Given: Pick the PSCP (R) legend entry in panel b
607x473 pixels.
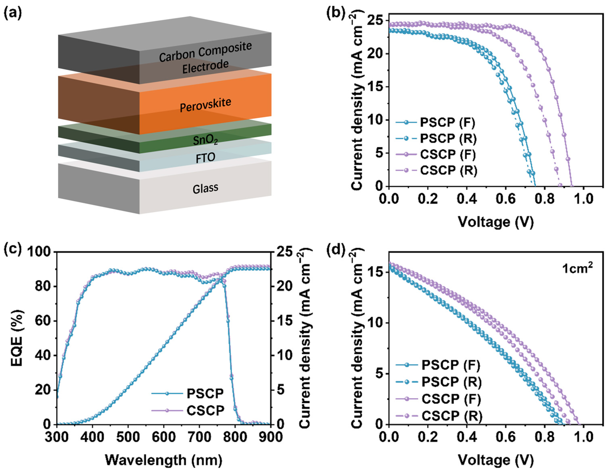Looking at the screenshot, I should pos(448,138).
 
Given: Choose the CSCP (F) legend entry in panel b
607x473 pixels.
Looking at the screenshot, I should pos(448,154).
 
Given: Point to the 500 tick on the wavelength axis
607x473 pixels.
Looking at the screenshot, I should pos(128,437).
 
